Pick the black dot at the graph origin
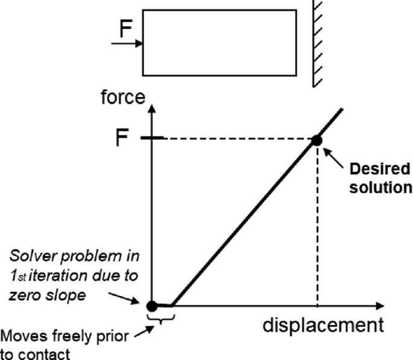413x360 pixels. coord(153,305)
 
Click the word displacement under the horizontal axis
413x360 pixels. coord(323,326)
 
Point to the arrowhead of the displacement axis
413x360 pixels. coord(379,305)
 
